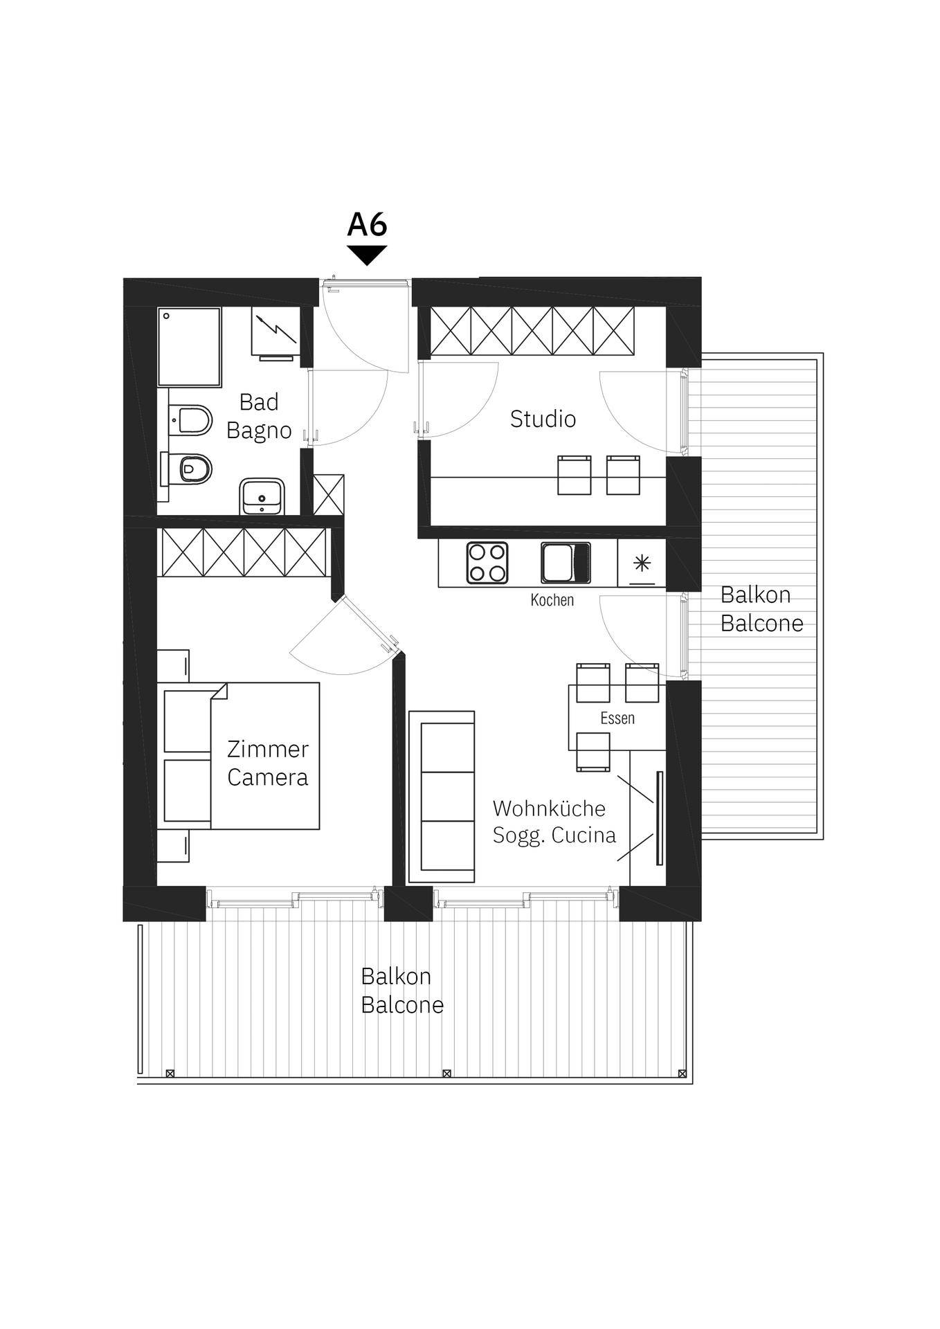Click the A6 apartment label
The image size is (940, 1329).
(367, 224)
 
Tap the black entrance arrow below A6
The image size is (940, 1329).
(367, 255)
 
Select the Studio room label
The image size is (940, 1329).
(543, 419)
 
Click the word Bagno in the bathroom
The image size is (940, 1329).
(259, 431)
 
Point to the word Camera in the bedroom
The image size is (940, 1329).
(267, 777)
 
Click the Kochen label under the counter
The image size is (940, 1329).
(552, 600)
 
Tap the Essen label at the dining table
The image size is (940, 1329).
(617, 718)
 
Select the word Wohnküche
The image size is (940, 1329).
(549, 808)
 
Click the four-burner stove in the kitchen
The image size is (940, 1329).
(487, 562)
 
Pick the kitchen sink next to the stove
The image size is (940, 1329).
(566, 563)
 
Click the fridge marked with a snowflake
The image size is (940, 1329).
(642, 563)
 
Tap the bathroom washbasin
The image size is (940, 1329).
(262, 496)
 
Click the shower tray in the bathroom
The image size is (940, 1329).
(189, 347)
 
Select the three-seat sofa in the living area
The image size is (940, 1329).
(442, 797)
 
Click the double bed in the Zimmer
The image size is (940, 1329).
(239, 756)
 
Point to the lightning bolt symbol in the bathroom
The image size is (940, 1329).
(276, 329)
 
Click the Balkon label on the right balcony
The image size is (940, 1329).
(755, 595)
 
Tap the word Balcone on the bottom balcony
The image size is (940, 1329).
(402, 1005)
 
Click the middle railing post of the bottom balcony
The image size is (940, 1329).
(447, 1074)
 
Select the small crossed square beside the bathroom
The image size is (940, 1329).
(329, 494)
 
